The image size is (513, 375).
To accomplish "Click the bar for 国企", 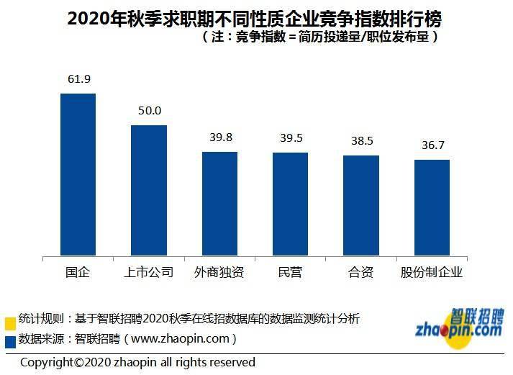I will (78, 174).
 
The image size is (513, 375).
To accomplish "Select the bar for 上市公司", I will (148, 190).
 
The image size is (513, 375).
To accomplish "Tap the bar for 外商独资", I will (219, 203).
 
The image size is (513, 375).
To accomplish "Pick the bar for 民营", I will (290, 204).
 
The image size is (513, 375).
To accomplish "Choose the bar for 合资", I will (360, 205).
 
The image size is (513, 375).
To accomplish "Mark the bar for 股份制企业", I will (432, 207).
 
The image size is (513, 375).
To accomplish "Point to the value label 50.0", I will (149, 111).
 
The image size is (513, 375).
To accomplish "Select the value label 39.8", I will (219, 137).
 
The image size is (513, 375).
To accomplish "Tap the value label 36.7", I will (432, 145).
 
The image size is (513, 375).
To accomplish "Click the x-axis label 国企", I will (78, 273).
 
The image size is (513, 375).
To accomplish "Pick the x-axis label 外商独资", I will (219, 273).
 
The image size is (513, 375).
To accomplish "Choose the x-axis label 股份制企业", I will (432, 273).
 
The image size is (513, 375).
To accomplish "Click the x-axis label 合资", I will (360, 273).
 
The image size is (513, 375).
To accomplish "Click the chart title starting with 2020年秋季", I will (255, 18).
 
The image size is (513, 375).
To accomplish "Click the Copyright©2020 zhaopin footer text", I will (137, 362).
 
